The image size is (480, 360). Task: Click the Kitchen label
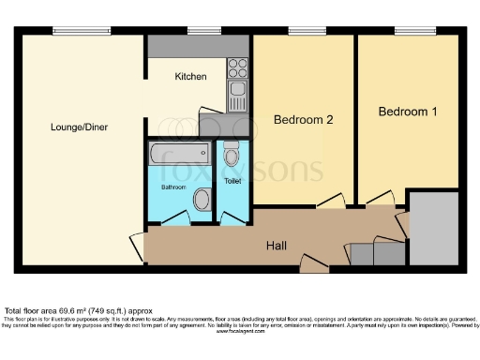point(190,77)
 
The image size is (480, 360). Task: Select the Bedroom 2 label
point(304,120)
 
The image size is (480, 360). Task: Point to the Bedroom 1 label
point(408,112)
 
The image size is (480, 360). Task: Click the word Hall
point(276,247)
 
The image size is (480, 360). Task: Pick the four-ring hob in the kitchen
point(237,67)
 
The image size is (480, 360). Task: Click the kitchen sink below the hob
point(237,95)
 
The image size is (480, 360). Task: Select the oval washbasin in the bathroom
point(202,199)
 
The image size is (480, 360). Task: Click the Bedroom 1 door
point(379,200)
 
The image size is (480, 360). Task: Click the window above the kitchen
point(199,32)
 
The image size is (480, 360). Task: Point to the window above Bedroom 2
point(301,32)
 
